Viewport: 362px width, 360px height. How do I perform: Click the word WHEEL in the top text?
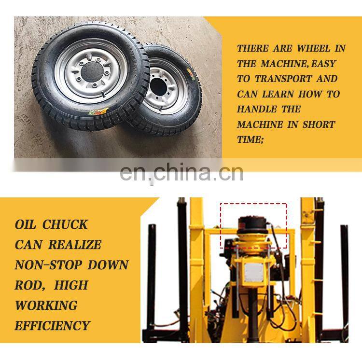pos(314,48)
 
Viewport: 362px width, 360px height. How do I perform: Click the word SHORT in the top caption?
pos(319,125)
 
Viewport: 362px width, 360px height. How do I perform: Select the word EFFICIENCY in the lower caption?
pos(52,326)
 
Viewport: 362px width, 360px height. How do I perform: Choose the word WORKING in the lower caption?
pos(46,305)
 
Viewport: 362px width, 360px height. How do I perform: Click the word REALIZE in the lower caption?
pos(75,245)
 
